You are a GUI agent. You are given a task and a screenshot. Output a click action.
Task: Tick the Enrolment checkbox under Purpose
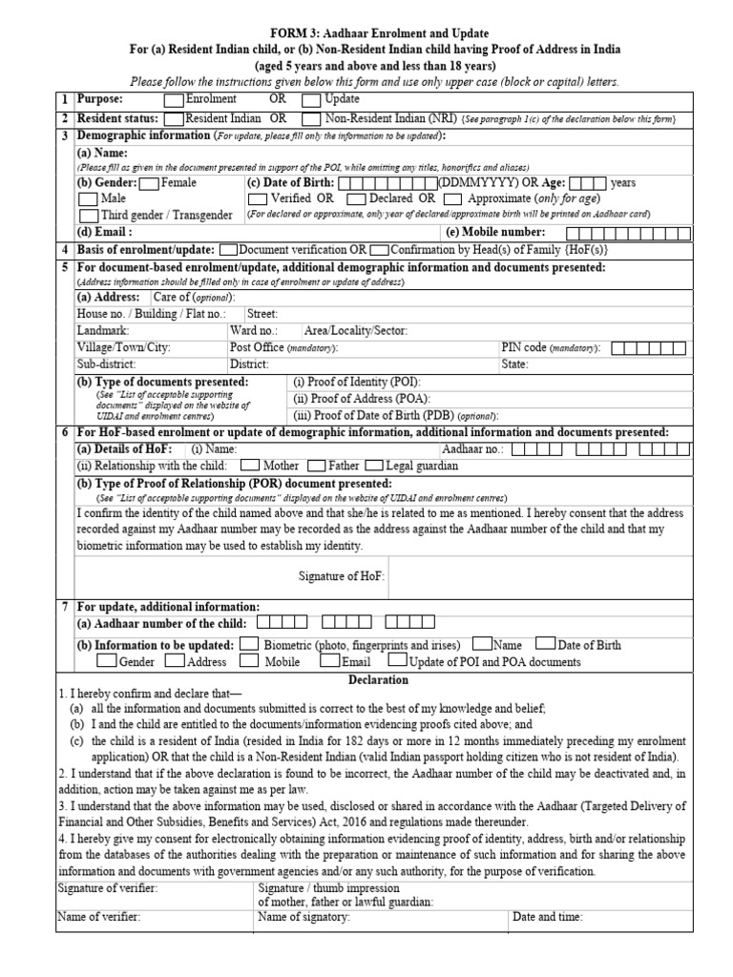coord(174,98)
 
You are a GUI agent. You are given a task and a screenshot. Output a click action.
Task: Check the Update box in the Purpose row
coord(311,98)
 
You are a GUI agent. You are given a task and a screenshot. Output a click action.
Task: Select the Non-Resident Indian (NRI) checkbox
coord(311,119)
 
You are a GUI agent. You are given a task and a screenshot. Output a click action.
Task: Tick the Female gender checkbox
coord(150,182)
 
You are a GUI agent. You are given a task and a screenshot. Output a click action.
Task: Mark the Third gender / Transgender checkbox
coord(88,216)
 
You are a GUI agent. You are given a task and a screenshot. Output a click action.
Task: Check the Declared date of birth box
coord(355,198)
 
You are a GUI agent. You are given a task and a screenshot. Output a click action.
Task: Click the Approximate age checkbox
coord(453,198)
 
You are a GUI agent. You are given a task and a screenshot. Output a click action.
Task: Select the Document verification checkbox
coord(228,249)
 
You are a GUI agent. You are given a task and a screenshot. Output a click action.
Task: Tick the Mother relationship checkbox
coord(251,466)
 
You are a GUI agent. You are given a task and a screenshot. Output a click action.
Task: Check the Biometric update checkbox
coord(249,645)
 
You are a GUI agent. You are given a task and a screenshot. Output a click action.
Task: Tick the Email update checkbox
coord(328,660)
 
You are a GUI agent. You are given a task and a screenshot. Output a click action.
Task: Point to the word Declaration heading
coord(377,680)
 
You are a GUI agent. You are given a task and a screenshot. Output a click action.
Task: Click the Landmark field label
coord(103,330)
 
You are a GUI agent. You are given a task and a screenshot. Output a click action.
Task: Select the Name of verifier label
coord(99,917)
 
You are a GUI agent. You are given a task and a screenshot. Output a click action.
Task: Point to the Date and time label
coord(548,917)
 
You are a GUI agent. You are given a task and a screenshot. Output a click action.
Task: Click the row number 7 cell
coord(65,606)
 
